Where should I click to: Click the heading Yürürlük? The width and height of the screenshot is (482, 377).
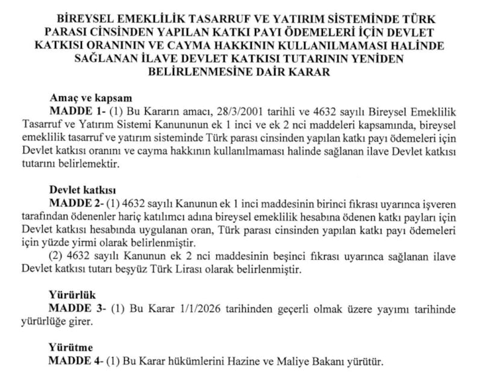point(73,296)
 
